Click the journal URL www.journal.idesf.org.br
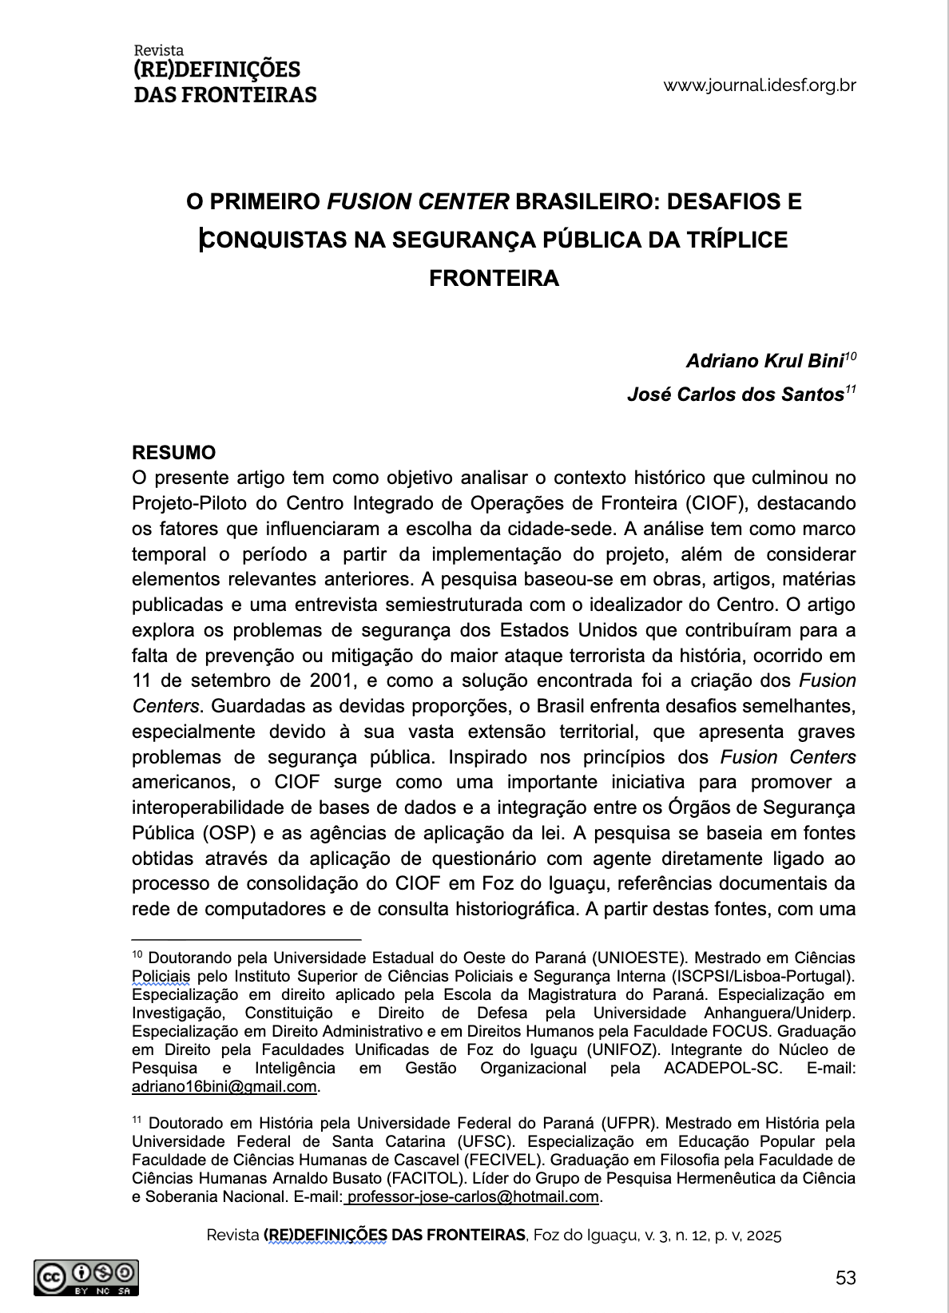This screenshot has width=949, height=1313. tap(759, 85)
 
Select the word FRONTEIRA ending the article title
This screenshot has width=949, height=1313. tap(494, 279)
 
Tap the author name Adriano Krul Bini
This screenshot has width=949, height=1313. tap(764, 361)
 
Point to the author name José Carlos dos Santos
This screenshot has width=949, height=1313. tap(735, 395)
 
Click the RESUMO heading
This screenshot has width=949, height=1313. tap(173, 453)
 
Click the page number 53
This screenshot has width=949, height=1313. tap(845, 1278)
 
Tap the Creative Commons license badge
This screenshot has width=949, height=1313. tap(86, 1278)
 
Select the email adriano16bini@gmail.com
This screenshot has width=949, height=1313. tap(224, 1087)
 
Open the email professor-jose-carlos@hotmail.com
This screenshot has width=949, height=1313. tap(473, 1197)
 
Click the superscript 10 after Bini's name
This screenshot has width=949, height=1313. tap(851, 356)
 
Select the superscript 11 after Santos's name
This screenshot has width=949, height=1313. tap(851, 390)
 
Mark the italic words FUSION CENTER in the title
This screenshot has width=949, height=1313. tap(418, 201)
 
